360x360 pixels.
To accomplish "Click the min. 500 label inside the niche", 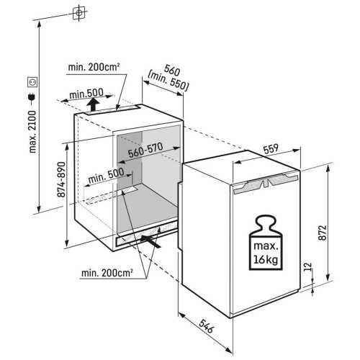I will pyautogui.click(x=106, y=176).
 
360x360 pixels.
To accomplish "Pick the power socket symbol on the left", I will pyautogui.click(x=32, y=83).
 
